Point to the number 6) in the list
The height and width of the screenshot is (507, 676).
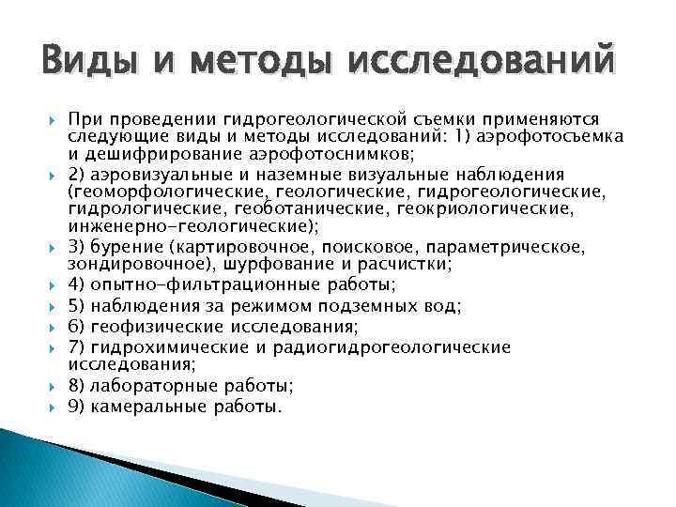coord(78,326)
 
